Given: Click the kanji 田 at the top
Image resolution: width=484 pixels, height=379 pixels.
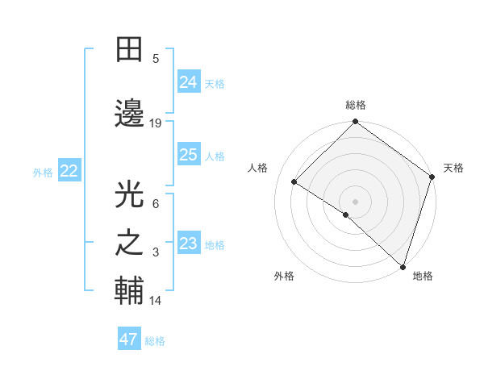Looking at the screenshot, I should click(x=131, y=50).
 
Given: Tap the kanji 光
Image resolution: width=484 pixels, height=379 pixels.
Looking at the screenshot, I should click(x=131, y=194).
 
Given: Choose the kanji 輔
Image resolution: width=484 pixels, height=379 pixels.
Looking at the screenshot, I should click(x=131, y=291).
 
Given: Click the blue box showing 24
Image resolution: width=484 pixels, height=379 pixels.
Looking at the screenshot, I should click(x=188, y=82).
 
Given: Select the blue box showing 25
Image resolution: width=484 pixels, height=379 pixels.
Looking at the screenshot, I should click(x=188, y=155).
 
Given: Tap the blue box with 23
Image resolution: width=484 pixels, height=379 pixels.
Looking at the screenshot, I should click(x=188, y=244).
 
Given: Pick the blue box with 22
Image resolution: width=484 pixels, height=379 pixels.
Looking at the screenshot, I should click(x=69, y=171).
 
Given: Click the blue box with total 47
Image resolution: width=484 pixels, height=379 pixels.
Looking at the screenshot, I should click(x=128, y=339).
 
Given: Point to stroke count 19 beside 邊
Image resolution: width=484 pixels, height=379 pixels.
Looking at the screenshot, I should click(x=156, y=123).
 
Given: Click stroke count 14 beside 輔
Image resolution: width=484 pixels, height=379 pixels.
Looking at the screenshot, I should click(x=156, y=301).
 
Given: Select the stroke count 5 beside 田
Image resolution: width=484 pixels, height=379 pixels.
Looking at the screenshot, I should click(x=156, y=58).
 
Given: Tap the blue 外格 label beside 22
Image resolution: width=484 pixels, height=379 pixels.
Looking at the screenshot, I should click(x=43, y=172).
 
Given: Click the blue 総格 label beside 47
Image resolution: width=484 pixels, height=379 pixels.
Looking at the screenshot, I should click(x=155, y=340).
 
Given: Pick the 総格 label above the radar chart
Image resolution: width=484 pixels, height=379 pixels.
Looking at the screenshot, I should click(x=356, y=105).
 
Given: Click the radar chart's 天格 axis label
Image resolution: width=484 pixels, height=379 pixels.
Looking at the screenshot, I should click(x=453, y=168).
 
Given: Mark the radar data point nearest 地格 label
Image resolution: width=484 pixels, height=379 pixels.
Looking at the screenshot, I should click(x=403, y=266).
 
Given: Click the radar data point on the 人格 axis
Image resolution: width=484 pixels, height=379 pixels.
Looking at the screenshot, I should click(x=294, y=182).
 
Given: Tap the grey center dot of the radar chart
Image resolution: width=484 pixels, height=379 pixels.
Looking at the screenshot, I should click(x=355, y=201).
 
